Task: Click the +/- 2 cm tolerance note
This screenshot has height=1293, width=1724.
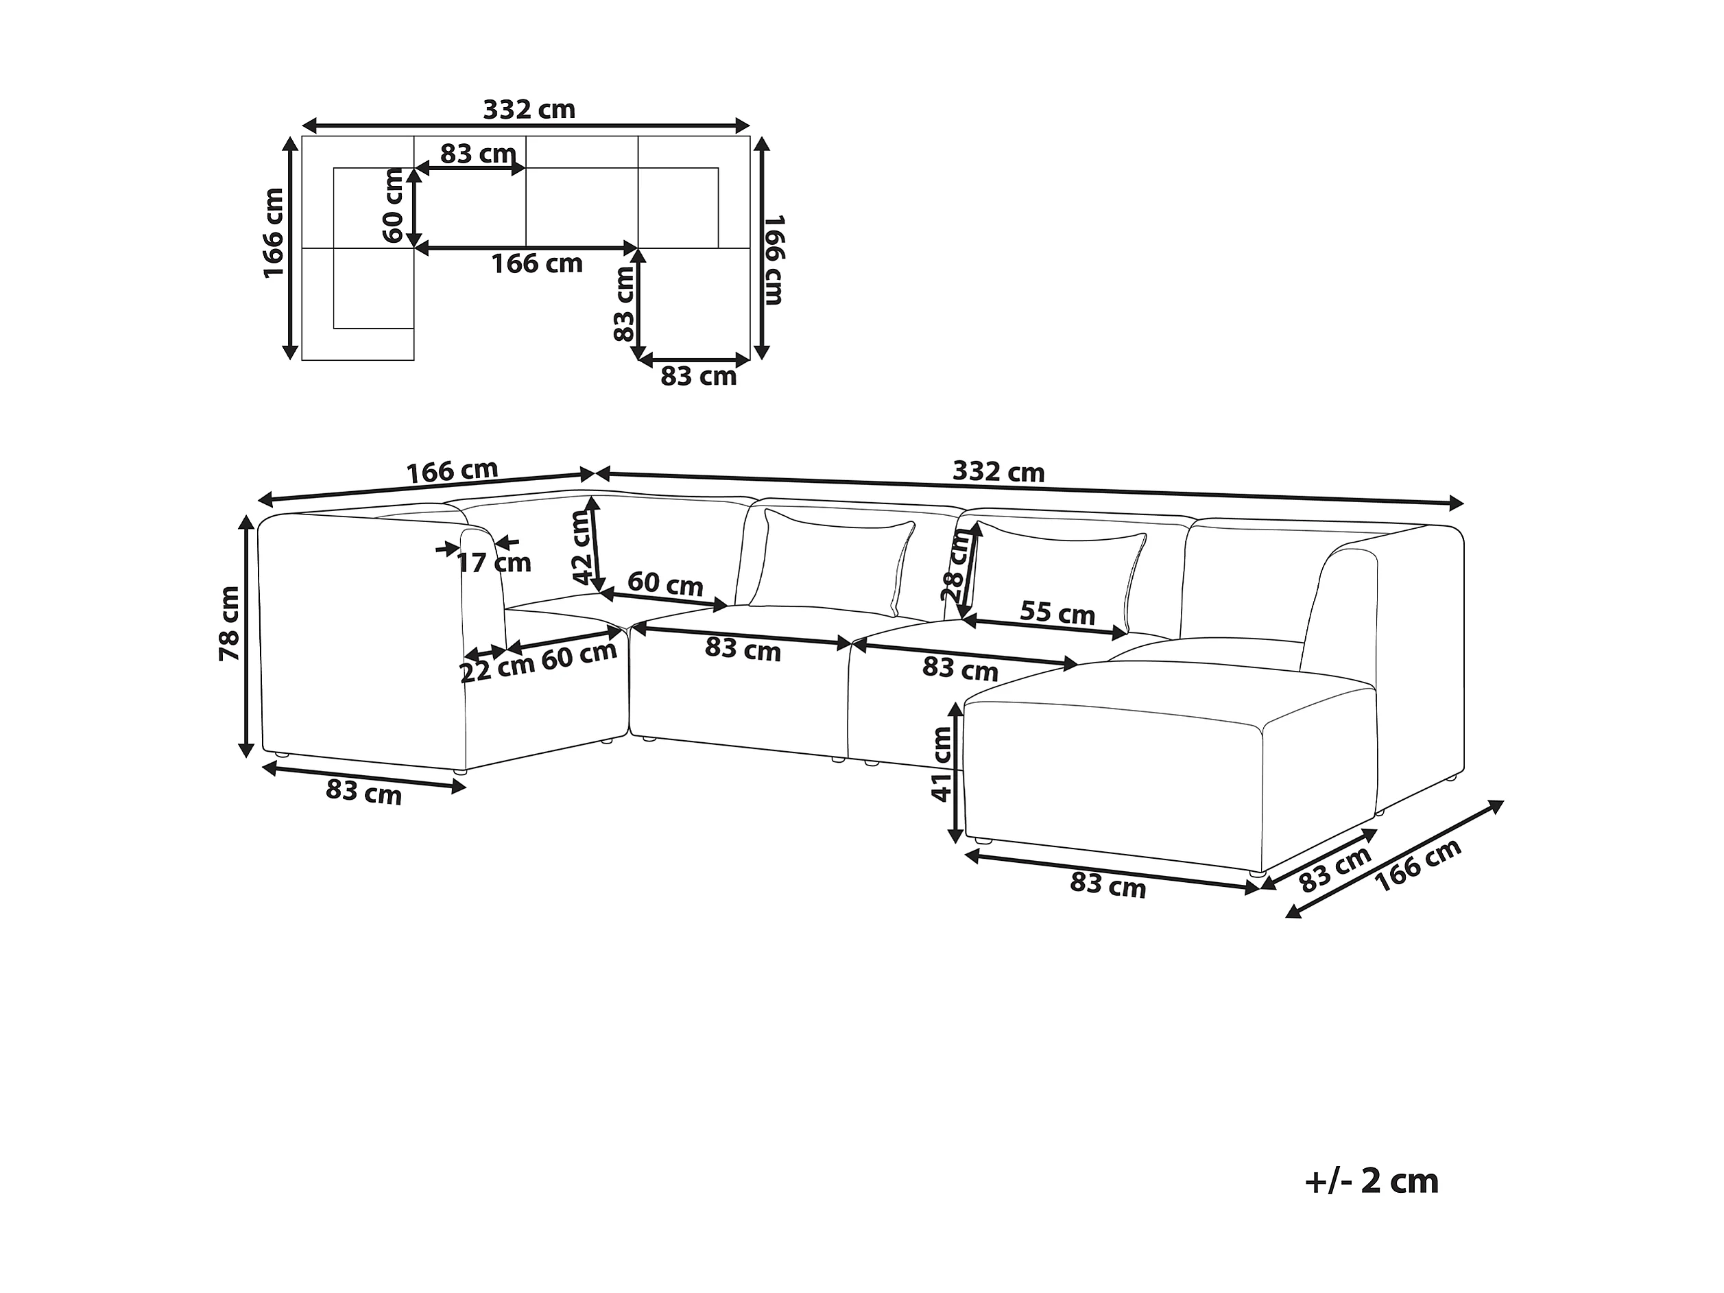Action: coord(1371,1182)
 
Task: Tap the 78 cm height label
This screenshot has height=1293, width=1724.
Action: coord(229,624)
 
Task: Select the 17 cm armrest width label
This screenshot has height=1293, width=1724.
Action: coord(493,562)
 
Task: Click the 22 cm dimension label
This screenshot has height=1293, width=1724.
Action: coord(496,669)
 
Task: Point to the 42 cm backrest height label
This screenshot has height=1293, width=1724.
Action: coord(583,548)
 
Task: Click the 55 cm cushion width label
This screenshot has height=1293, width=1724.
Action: coord(1057,613)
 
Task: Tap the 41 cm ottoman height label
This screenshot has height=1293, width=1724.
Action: coord(942,765)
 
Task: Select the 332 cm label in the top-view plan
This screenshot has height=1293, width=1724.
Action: coord(529,109)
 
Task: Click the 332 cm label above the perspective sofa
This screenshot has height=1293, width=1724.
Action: coord(998,471)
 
